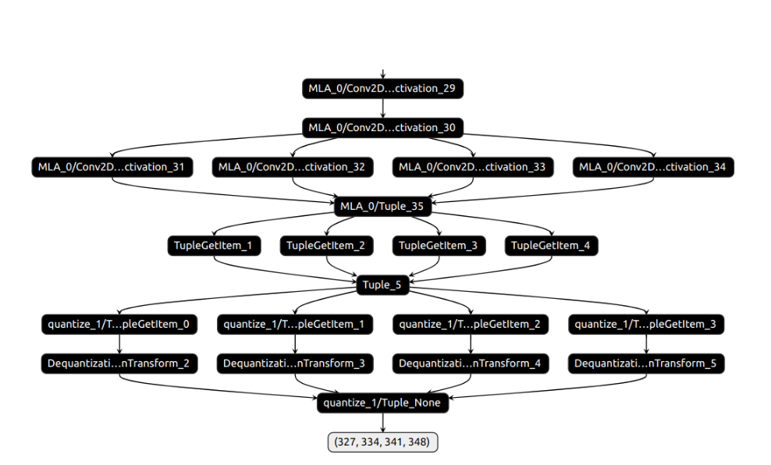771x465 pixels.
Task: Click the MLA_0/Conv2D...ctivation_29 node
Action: pos(382,88)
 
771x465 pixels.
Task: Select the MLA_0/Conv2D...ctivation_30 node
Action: pos(382,127)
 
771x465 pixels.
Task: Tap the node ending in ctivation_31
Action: pos(112,167)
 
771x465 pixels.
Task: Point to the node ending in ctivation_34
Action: pos(654,167)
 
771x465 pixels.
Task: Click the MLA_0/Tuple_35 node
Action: pos(382,207)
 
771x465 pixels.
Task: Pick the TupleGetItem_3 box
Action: pos(439,246)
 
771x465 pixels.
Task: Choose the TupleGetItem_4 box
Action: pos(551,246)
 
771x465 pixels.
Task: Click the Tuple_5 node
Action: pos(382,285)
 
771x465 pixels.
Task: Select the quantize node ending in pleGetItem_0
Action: pos(119,325)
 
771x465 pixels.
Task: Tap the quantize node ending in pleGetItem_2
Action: pos(471,325)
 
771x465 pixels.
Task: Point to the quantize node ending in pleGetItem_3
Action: pos(647,325)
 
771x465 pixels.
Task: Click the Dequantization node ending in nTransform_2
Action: pos(119,364)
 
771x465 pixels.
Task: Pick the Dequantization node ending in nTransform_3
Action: pos(295,364)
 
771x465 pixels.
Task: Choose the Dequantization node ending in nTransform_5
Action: pos(647,364)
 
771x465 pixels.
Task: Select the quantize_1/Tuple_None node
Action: pos(382,403)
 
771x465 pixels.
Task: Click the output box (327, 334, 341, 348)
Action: pos(382,442)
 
